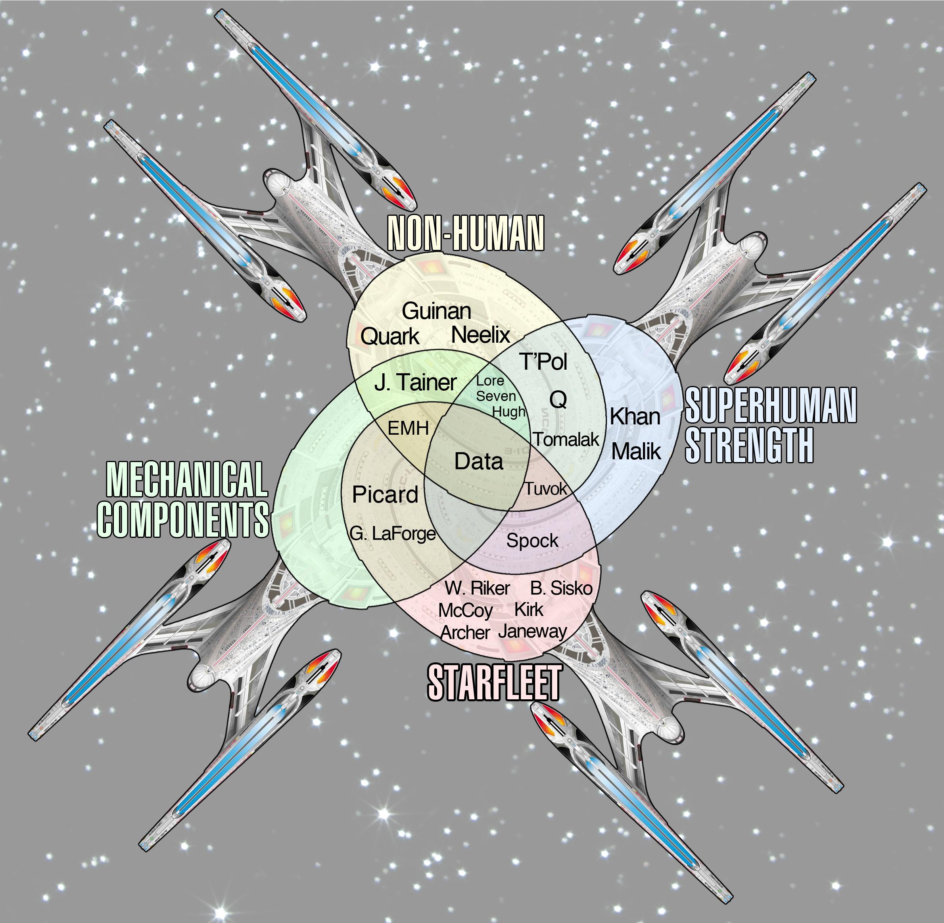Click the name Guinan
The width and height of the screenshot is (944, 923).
[436, 311]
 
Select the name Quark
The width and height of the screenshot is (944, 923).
[390, 336]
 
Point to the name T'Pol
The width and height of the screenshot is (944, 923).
[543, 361]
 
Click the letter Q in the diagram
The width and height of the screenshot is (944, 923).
[558, 399]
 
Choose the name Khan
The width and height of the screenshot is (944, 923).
[635, 416]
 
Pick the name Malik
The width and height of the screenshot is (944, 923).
[636, 451]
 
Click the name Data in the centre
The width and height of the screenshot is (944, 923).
[479, 462]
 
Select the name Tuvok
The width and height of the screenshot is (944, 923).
[545, 489]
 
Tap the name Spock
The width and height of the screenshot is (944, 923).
[532, 541]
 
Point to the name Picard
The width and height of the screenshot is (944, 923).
[385, 495]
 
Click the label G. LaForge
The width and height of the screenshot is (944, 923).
[393, 534]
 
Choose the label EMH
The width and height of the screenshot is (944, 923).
[408, 428]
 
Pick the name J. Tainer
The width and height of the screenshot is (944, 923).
[415, 382]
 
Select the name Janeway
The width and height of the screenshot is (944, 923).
[532, 631]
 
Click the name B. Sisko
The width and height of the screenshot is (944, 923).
[561, 588]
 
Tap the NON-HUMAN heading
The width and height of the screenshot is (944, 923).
[465, 234]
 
